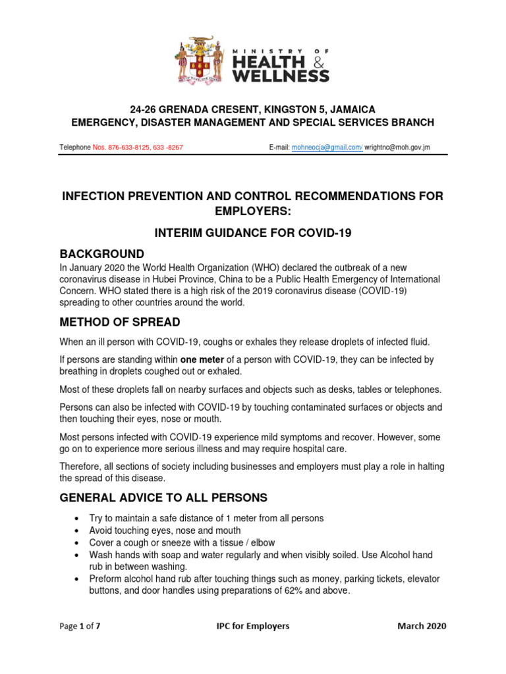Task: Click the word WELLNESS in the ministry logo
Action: pyautogui.click(x=280, y=76)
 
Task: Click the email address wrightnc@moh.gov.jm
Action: pyautogui.click(x=397, y=147)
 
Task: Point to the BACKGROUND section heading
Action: pyautogui.click(x=102, y=253)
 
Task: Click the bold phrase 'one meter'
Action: pyautogui.click(x=202, y=359)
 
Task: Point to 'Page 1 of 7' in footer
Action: pyautogui.click(x=80, y=626)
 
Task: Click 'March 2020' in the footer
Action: pyautogui.click(x=422, y=626)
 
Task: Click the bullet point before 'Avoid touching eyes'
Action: pyautogui.click(x=78, y=531)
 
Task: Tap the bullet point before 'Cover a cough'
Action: pyautogui.click(x=78, y=543)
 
